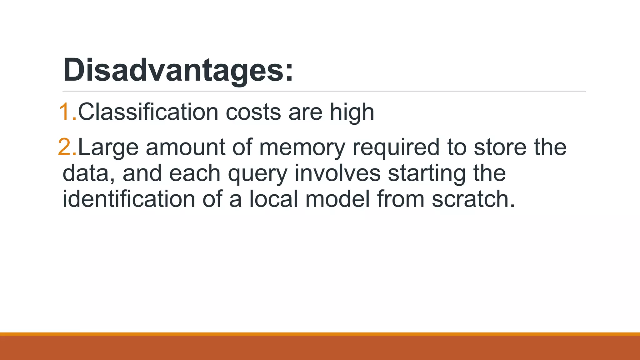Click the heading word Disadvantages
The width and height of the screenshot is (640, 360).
pyautogui.click(x=178, y=70)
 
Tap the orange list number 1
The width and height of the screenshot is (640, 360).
pyautogui.click(x=67, y=112)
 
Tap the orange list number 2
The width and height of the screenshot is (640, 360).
pyautogui.click(x=67, y=147)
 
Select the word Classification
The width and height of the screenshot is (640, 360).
pyautogui.click(x=148, y=112)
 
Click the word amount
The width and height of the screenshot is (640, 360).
pyautogui.click(x=186, y=147)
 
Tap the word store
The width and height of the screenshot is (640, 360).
pyautogui.click(x=500, y=147)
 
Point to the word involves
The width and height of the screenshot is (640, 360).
pyautogui.click(x=337, y=173)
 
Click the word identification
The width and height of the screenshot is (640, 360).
pyautogui.click(x=129, y=199)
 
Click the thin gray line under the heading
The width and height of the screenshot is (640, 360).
pyautogui.click(x=324, y=91)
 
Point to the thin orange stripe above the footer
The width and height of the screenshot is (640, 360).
pyautogui.click(x=320, y=334)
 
